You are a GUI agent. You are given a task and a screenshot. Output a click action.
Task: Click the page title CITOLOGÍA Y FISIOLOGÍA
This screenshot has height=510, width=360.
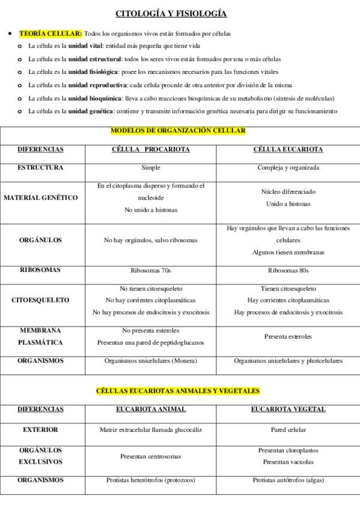[171, 14]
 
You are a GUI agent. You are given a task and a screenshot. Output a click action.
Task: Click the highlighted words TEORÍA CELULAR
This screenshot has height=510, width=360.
[50, 34]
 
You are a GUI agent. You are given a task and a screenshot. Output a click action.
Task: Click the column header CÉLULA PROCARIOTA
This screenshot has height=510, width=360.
[151, 149]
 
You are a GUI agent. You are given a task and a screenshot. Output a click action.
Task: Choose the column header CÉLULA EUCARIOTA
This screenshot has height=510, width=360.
[288, 149]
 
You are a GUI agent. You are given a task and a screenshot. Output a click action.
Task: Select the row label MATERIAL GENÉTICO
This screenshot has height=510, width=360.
[41, 198]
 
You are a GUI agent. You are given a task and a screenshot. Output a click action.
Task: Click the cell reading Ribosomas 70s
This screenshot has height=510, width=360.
[151, 270]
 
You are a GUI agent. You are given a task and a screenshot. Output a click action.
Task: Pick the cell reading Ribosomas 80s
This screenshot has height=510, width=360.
[288, 270]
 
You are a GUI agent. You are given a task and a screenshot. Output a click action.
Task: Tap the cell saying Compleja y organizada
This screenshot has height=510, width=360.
[288, 168]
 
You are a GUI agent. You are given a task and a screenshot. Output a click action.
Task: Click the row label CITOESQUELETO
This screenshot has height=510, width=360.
[40, 300]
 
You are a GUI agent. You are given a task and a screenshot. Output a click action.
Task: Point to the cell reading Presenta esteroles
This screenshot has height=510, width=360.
[288, 337]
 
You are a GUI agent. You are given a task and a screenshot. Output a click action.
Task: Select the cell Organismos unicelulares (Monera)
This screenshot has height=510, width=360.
[151, 361]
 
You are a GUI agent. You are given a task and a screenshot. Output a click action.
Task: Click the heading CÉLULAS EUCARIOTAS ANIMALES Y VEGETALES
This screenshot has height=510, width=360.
[178, 390]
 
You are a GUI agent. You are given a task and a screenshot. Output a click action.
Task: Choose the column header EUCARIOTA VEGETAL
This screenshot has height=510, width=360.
[288, 409]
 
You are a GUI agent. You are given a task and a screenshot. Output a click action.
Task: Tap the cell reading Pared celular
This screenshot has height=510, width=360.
[288, 430]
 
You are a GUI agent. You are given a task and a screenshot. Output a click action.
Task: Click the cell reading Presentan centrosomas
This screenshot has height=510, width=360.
[151, 456]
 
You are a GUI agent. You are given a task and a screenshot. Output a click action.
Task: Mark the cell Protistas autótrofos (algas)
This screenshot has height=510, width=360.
[288, 481]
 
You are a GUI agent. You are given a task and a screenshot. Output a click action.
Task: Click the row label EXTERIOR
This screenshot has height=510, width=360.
[40, 430]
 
